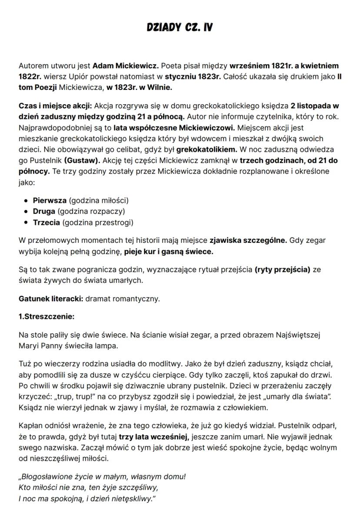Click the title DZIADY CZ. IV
coord(180,28)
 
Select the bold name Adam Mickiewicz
coord(125,66)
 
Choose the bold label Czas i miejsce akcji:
coord(55,106)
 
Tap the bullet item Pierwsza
coord(50,201)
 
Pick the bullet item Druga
coord(44,212)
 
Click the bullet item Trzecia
coord(47,222)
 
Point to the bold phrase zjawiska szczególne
coord(248,240)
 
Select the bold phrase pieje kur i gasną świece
coord(168,252)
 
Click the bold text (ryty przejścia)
coord(282,269)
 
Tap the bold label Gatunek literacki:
coord(51,299)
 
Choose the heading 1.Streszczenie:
coord(47,317)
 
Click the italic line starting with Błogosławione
coord(102,477)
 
